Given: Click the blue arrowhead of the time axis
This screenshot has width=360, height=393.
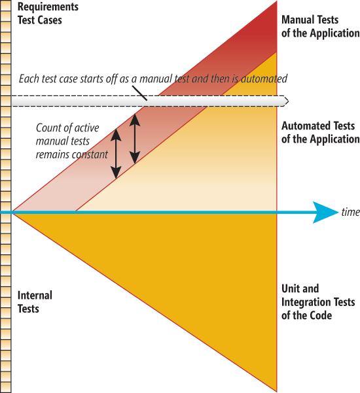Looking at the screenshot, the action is click(326, 213).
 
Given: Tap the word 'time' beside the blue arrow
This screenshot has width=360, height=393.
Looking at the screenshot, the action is click(350, 212).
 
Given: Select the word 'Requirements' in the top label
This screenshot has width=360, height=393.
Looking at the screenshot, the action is click(48, 7).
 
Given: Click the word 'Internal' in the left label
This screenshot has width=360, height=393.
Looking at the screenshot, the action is click(35, 295).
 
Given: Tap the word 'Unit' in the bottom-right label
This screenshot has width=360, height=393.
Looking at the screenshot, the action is click(289, 288).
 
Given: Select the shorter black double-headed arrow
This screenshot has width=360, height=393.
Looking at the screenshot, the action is click(135, 139).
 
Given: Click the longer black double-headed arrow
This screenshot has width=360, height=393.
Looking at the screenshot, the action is click(116, 154).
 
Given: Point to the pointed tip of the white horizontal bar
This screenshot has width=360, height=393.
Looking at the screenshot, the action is click(289, 101).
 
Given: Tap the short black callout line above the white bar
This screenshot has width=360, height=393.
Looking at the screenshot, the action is click(139, 94).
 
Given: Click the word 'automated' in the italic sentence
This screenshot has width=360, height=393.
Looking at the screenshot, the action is click(264, 79).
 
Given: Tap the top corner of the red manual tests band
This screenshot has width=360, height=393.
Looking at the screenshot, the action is click(277, 1).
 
